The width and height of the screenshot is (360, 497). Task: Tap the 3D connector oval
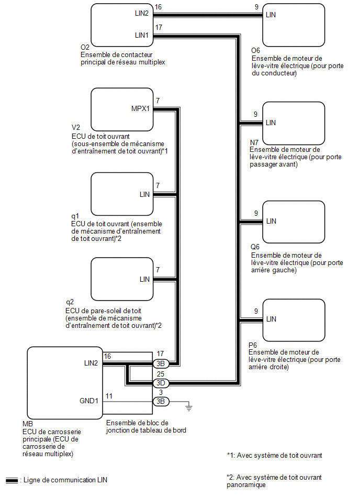pyautogui.click(x=160, y=383)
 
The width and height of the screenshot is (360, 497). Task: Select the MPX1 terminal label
pyautogui.click(x=141, y=109)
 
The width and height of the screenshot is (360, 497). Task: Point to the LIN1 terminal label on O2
pyautogui.click(x=142, y=35)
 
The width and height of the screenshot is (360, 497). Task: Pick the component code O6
pyautogui.click(x=256, y=50)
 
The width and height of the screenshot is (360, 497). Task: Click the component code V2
pyautogui.click(x=75, y=127)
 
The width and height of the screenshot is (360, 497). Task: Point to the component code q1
pyautogui.click(x=74, y=215)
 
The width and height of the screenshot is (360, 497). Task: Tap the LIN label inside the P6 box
pyautogui.click(x=271, y=319)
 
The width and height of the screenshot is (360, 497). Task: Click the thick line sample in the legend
pyautogui.click(x=12, y=480)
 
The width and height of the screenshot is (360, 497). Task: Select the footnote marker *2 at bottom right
pyautogui.click(x=230, y=477)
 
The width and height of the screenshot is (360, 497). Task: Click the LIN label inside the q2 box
pyautogui.click(x=145, y=279)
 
